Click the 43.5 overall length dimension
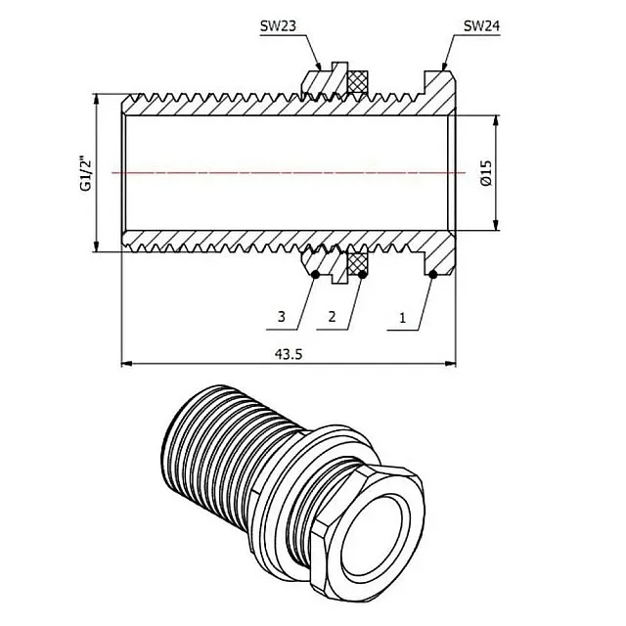(x=286, y=355)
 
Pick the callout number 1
(x=400, y=318)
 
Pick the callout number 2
(x=333, y=318)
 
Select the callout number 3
(x=282, y=318)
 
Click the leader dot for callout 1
(x=431, y=276)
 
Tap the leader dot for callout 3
(x=314, y=276)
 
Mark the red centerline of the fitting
(x=284, y=172)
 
